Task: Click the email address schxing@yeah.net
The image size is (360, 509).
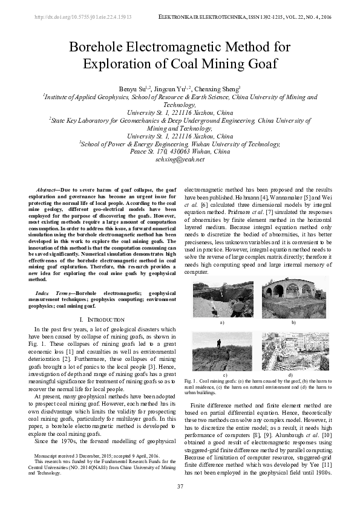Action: pyautogui.click(x=180, y=159)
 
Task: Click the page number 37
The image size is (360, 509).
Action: pyautogui.click(x=180, y=487)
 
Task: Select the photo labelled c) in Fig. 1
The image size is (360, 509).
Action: pyautogui.click(x=222, y=352)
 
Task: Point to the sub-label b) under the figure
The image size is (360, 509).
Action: pyautogui.click(x=293, y=323)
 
